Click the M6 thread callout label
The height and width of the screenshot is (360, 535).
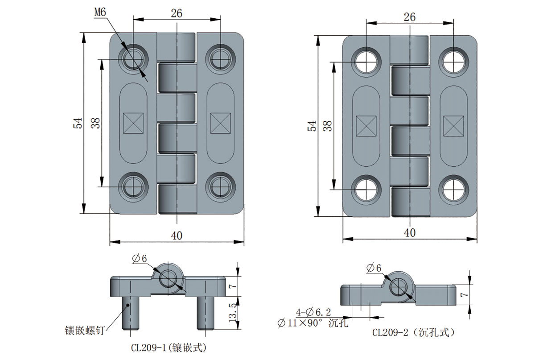point(99,13)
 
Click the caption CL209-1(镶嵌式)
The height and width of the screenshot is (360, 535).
point(168,347)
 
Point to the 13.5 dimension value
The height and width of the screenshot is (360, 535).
point(232,311)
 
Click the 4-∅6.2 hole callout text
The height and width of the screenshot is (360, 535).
point(312,312)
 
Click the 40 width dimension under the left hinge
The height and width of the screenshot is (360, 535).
point(177,236)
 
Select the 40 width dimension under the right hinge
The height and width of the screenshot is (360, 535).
point(409,233)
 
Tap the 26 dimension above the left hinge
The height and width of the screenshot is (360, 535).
point(177,13)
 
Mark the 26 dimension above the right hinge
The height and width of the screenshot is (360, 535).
point(409,17)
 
